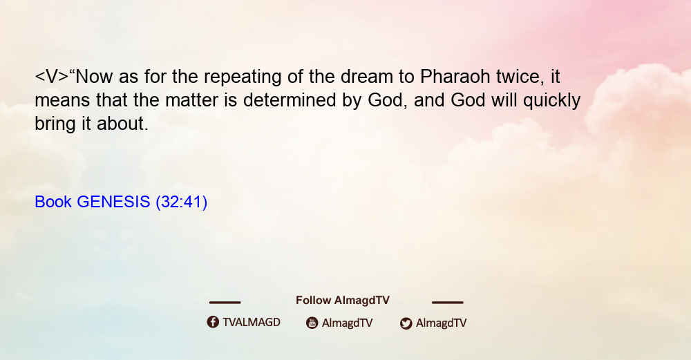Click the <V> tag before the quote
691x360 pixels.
point(52,77)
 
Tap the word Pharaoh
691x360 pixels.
point(455,77)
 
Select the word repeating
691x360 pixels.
point(243,78)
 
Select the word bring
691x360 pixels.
point(55,124)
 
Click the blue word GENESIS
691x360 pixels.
point(113,202)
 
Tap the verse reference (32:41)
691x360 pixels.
point(182,202)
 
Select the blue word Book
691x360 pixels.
point(53,202)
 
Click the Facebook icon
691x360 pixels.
point(213,322)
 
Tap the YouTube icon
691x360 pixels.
point(312,323)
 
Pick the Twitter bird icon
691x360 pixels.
point(406,323)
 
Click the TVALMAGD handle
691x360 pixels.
point(252,323)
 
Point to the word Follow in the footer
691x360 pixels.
point(313,301)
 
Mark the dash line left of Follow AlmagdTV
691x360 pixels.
point(225,303)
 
